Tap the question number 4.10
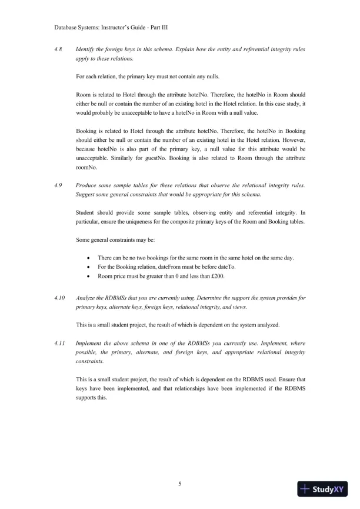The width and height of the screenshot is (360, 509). (x=59, y=298)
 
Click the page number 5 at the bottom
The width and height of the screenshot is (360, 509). (x=180, y=484)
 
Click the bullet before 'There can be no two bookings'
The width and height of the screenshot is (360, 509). (x=88, y=258)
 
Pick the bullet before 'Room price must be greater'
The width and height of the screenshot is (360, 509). (x=88, y=277)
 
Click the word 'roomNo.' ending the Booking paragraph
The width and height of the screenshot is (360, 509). (x=87, y=168)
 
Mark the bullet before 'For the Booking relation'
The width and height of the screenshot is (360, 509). (x=88, y=267)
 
